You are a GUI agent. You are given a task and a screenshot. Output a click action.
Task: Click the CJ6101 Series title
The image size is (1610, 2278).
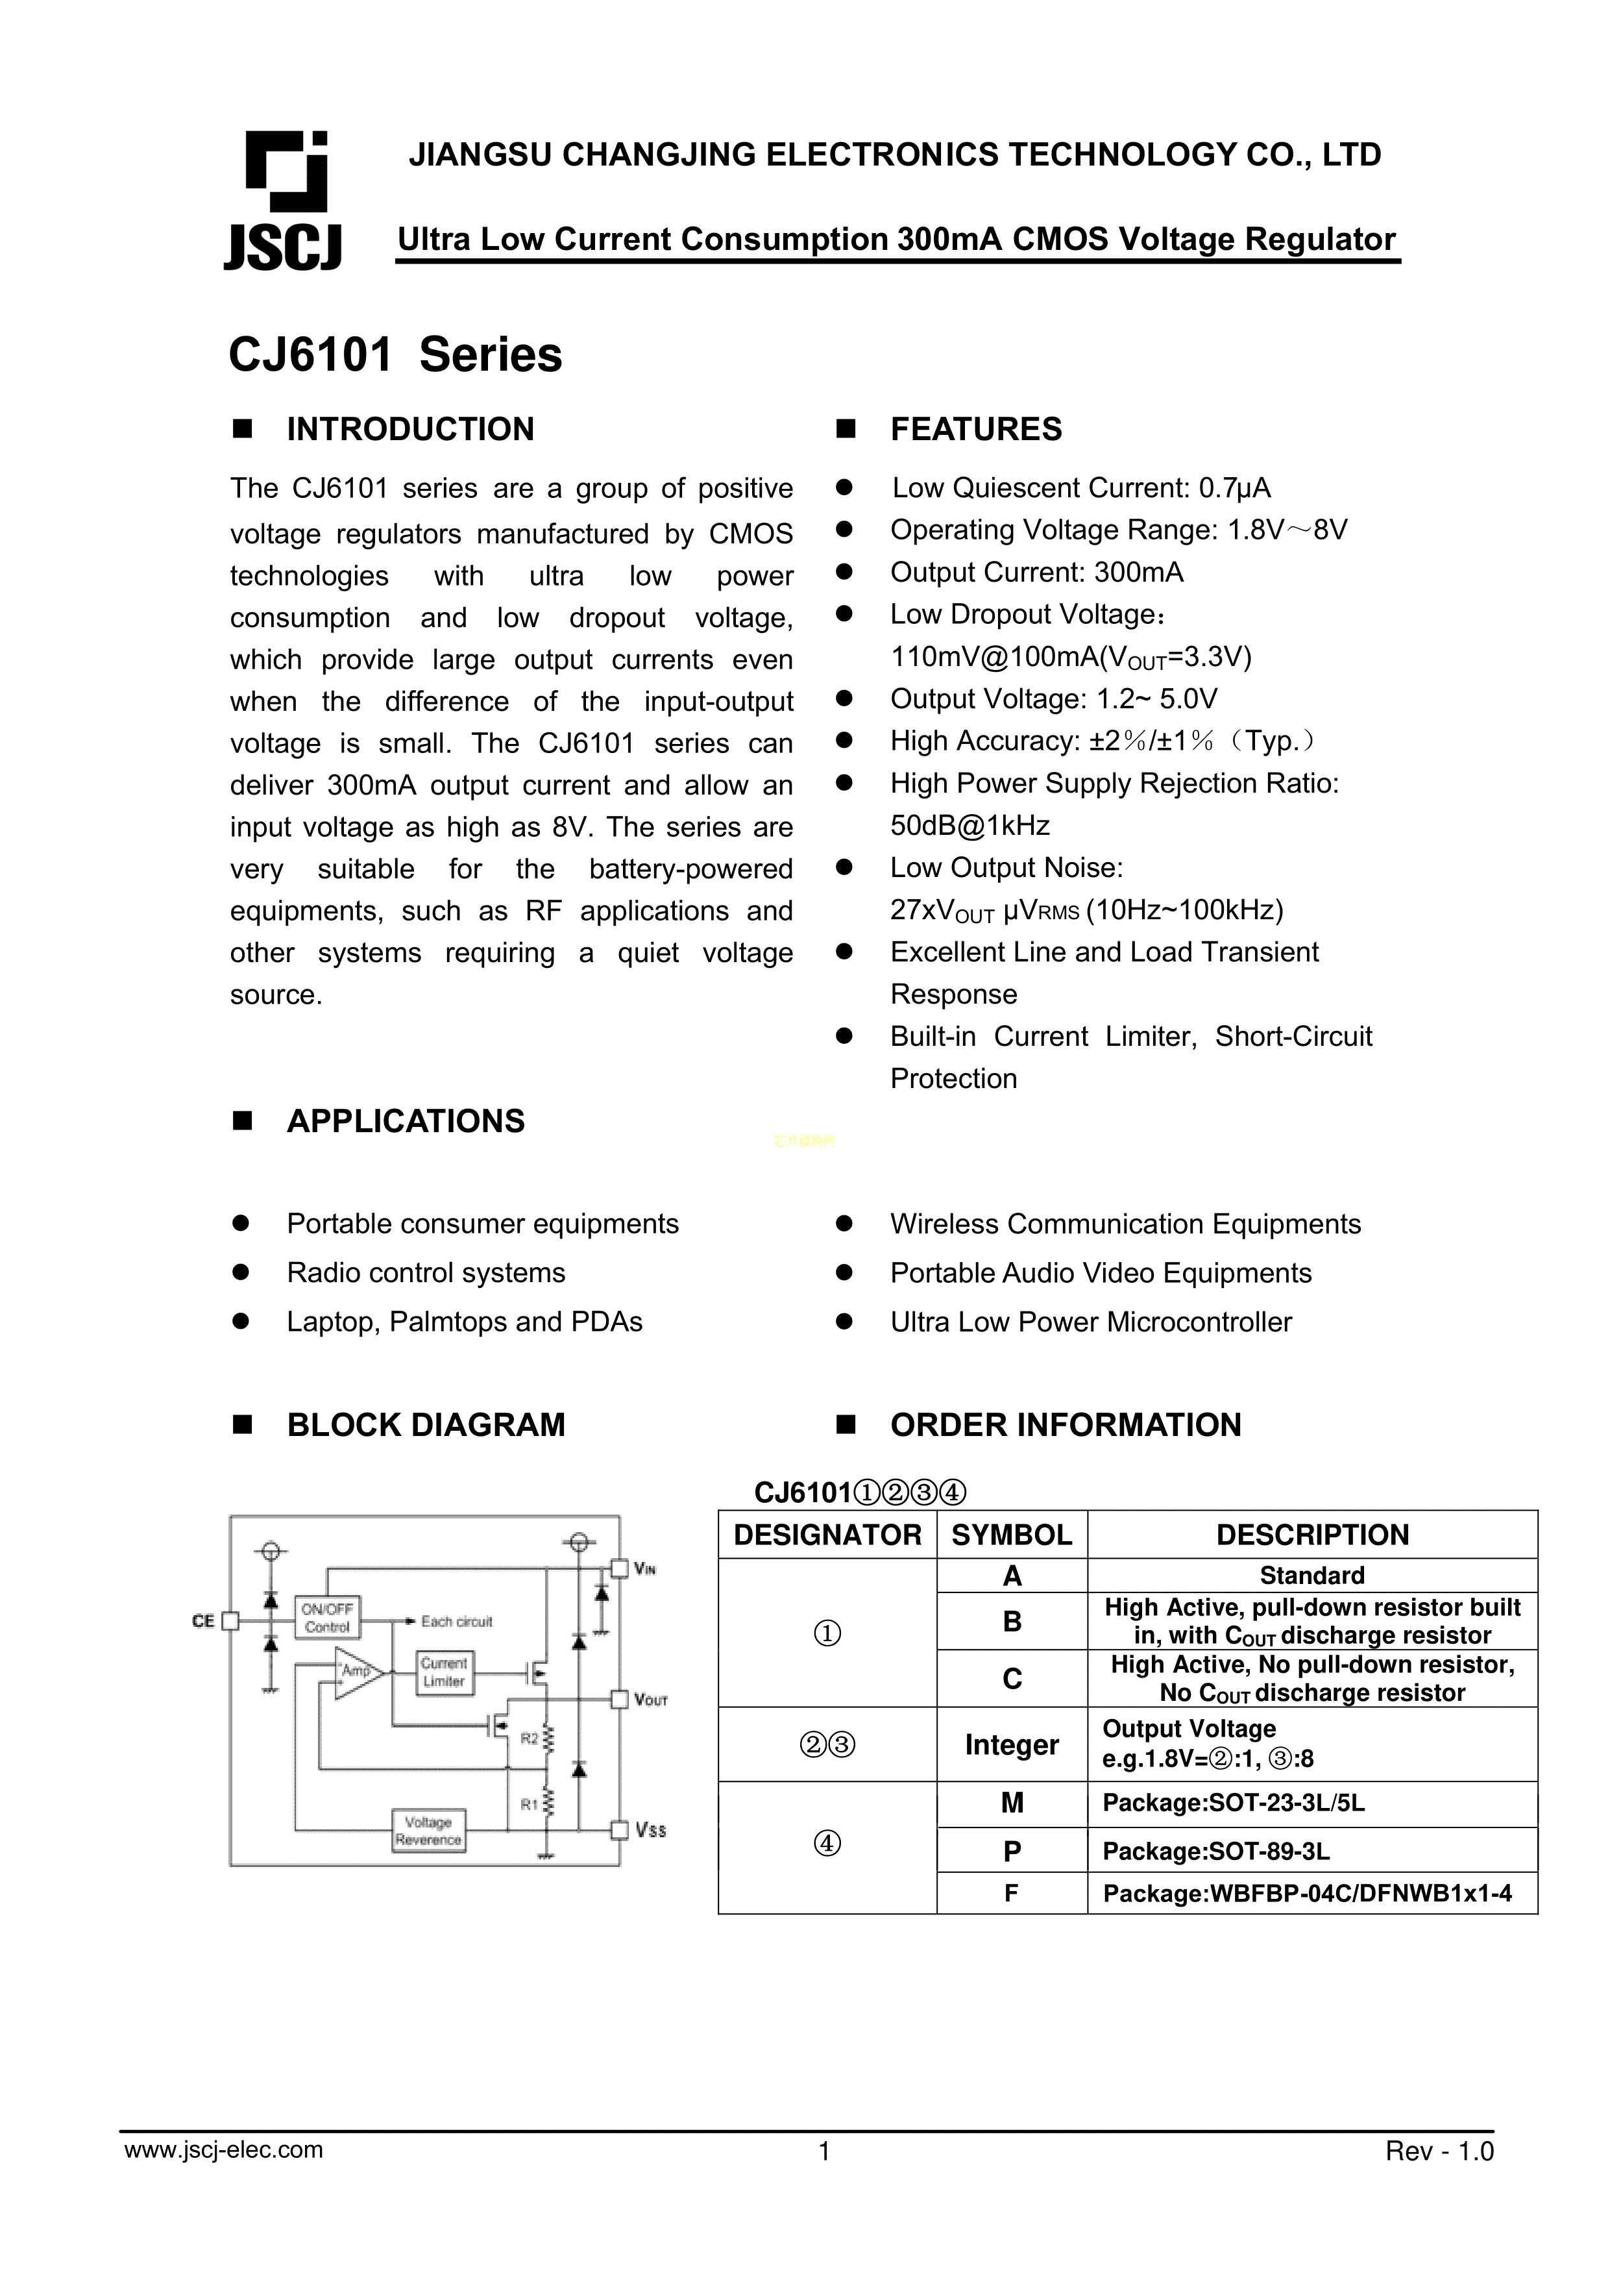point(395,354)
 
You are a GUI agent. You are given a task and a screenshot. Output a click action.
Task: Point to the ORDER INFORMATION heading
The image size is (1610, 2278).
point(1066,1425)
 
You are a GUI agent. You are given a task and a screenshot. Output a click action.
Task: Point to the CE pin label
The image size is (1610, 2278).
point(202,1621)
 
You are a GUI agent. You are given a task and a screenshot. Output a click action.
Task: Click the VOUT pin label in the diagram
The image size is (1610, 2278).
point(651,1700)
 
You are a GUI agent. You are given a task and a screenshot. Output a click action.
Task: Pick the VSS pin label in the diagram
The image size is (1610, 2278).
point(651,1829)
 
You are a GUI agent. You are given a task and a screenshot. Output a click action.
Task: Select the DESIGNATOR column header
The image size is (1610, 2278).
point(827,1535)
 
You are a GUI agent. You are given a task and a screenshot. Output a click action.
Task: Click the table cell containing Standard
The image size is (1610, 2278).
point(1311,1576)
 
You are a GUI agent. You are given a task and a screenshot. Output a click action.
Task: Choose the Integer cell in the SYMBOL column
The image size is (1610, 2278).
point(1012,1744)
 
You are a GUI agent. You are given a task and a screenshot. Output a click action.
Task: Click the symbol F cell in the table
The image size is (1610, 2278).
point(1012,1894)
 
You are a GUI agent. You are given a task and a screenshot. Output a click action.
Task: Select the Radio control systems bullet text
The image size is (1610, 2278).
point(426,1273)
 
